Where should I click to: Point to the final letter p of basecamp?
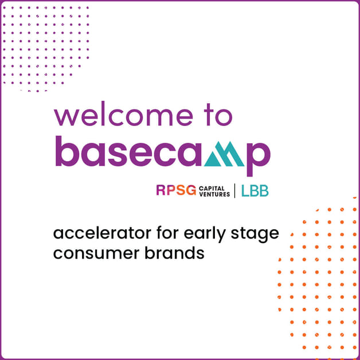click(257, 156)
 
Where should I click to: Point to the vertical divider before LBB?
click(235, 191)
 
